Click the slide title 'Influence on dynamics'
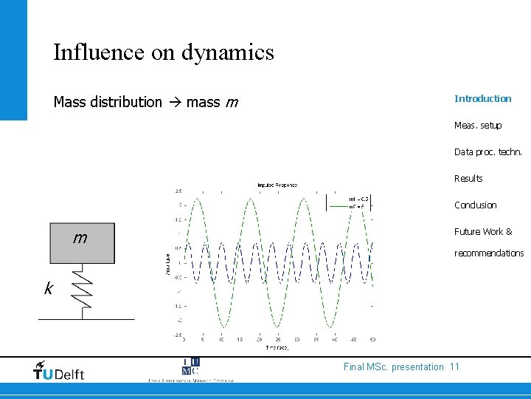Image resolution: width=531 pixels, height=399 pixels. point(163,52)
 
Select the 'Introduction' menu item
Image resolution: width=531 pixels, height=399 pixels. point(482,98)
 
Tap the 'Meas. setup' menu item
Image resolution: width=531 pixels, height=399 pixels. point(478,125)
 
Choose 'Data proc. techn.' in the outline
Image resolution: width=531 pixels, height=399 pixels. point(488,151)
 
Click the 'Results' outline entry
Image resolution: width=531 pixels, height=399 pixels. point(468,178)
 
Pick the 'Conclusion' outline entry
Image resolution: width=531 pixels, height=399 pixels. point(476,205)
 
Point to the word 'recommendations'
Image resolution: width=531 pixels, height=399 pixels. point(489,253)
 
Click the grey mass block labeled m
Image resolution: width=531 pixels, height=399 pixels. point(82,243)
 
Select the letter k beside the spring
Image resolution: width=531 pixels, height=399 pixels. point(48,289)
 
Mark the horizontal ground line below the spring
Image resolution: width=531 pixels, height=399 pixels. point(86,318)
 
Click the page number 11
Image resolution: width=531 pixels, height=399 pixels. point(454,366)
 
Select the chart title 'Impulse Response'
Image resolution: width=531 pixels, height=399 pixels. point(277,184)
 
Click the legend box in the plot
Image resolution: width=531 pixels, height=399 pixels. point(349,202)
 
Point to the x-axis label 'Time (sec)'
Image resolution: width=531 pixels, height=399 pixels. point(277,347)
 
